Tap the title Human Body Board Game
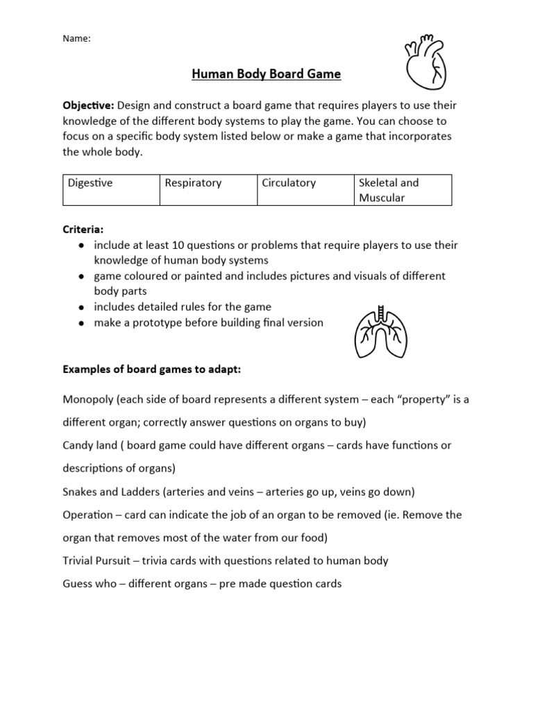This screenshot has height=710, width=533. (x=266, y=74)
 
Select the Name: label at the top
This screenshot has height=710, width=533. (x=77, y=39)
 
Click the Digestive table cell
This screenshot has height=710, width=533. (x=111, y=190)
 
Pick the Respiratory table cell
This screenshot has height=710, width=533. (x=208, y=190)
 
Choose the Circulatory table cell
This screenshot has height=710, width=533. (x=305, y=190)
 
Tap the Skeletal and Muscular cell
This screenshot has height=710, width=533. (x=403, y=190)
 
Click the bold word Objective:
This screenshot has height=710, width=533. (x=89, y=105)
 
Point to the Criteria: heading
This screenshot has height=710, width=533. (x=84, y=229)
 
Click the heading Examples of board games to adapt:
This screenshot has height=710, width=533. (x=152, y=370)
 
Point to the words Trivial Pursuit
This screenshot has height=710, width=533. (x=99, y=560)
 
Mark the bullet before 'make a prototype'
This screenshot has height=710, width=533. (x=83, y=323)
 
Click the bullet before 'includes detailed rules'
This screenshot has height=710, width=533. (x=83, y=307)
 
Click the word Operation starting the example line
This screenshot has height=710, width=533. (x=87, y=515)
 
